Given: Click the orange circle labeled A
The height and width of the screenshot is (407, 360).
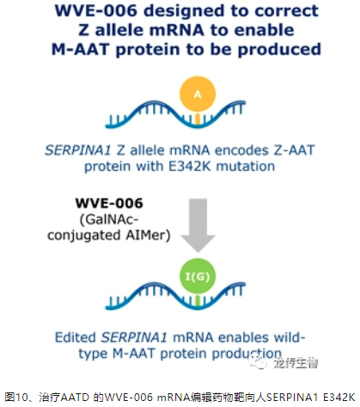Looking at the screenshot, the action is pyautogui.click(x=198, y=94).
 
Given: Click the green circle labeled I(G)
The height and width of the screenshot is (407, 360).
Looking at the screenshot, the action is pyautogui.click(x=198, y=276).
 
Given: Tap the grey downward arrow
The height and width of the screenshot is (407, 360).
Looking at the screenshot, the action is pyautogui.click(x=198, y=226).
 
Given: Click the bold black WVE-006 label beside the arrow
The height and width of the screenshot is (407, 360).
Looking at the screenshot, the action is pyautogui.click(x=109, y=203).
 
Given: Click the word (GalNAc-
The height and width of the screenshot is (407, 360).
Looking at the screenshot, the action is pyautogui.click(x=109, y=220).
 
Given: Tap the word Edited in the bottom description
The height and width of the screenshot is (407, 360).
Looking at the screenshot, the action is pyautogui.click(x=76, y=337).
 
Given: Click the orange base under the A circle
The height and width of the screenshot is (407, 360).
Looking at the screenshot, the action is pyautogui.click(x=198, y=118).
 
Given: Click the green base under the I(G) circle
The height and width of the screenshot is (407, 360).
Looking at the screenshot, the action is pyautogui.click(x=198, y=301).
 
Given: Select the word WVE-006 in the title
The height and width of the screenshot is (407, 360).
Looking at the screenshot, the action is pyautogui.click(x=96, y=10).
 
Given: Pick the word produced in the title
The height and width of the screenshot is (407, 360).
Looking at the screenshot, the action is pyautogui.click(x=279, y=50).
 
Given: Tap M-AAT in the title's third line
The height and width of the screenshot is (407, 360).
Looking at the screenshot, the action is pyautogui.click(x=81, y=49).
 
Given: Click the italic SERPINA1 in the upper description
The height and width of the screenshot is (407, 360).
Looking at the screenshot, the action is pyautogui.click(x=77, y=150).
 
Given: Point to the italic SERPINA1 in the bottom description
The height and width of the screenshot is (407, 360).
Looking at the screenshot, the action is pyautogui.click(x=134, y=337).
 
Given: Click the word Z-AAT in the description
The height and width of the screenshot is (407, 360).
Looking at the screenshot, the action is pyautogui.click(x=294, y=150).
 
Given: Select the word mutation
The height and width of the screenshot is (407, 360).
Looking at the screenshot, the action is pyautogui.click(x=246, y=167).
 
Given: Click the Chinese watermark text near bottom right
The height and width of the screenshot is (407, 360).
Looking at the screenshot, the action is pyautogui.click(x=296, y=363).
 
